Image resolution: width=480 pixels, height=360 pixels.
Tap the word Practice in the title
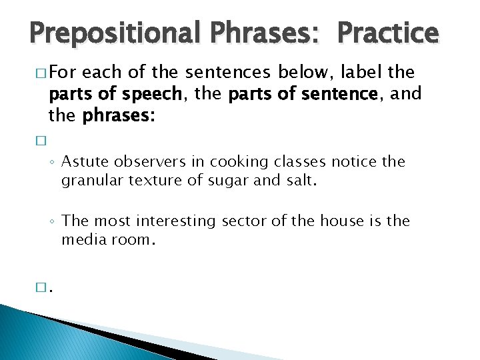click(388, 32)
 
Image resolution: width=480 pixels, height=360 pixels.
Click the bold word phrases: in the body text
click(119, 116)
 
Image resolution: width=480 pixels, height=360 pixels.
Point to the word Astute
click(85, 162)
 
